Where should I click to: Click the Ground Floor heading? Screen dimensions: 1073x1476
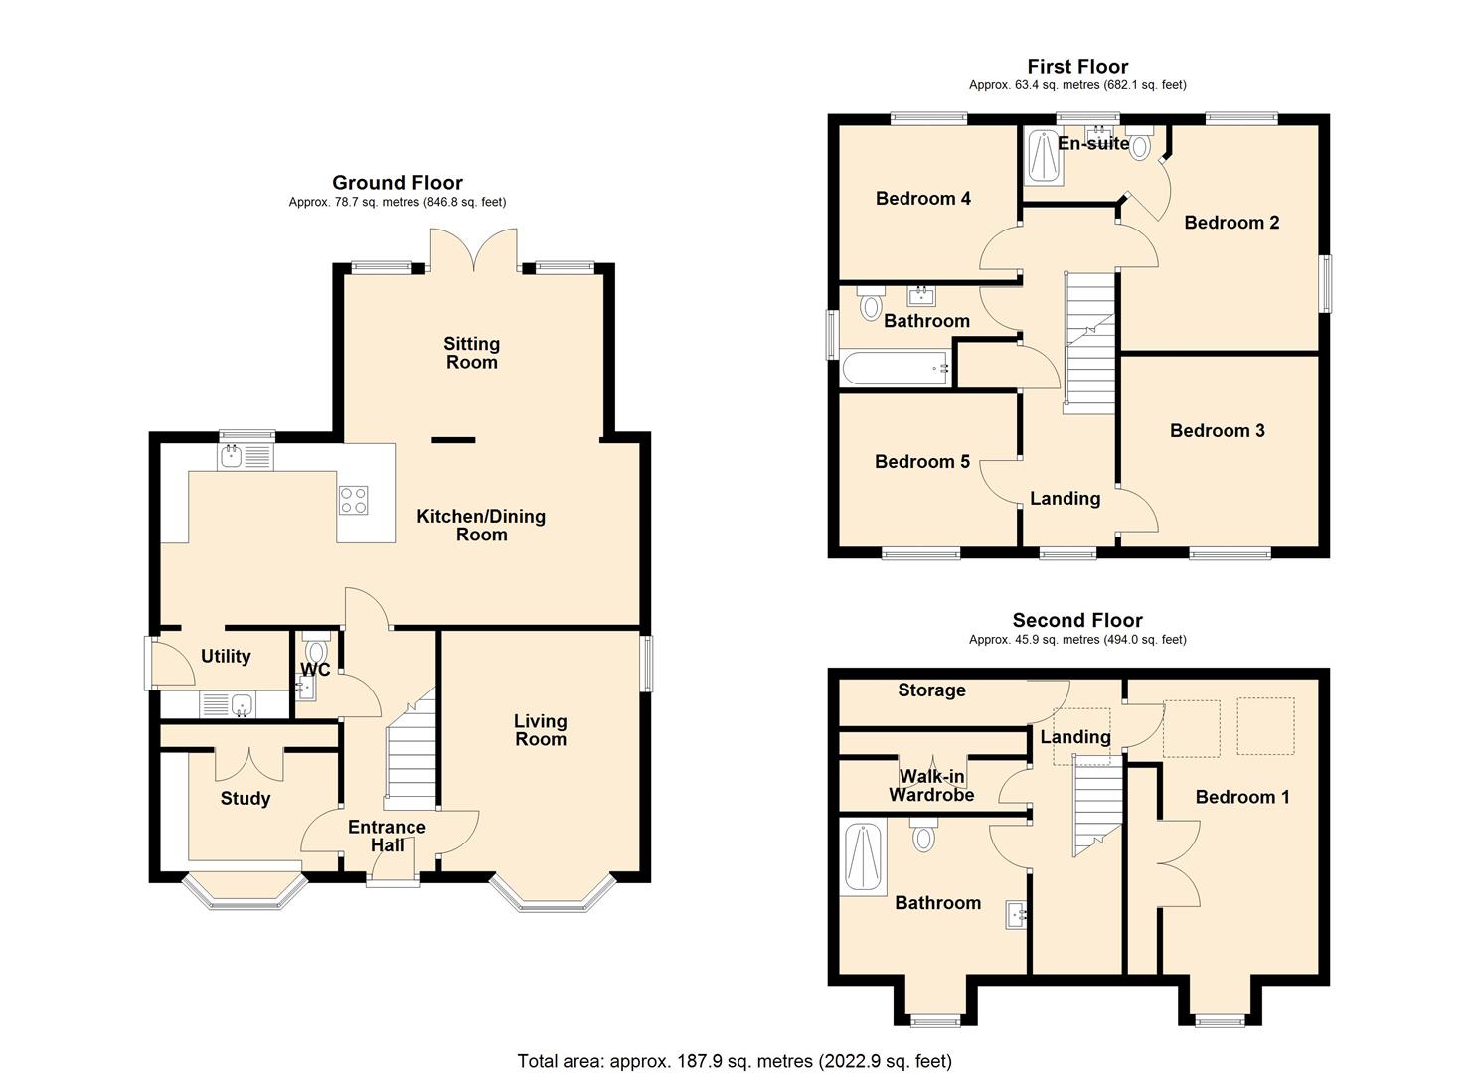(397, 183)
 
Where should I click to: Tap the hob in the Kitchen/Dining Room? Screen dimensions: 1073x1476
(354, 500)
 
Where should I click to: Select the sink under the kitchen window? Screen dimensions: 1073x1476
(233, 456)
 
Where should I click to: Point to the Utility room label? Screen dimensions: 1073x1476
(226, 657)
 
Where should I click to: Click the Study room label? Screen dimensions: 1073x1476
(246, 799)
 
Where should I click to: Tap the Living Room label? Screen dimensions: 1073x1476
(540, 730)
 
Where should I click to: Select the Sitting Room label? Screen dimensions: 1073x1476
(471, 353)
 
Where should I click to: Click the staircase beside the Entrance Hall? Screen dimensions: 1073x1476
(410, 755)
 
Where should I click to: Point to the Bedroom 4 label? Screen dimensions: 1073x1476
(922, 199)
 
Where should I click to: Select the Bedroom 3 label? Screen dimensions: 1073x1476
(1217, 431)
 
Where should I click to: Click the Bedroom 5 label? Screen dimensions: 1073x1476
(921, 462)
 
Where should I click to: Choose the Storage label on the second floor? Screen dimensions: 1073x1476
(931, 690)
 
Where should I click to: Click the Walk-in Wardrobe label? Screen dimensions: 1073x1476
(931, 786)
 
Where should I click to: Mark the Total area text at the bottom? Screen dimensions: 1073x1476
(735, 1061)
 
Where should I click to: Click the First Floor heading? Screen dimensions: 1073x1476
(1077, 67)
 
